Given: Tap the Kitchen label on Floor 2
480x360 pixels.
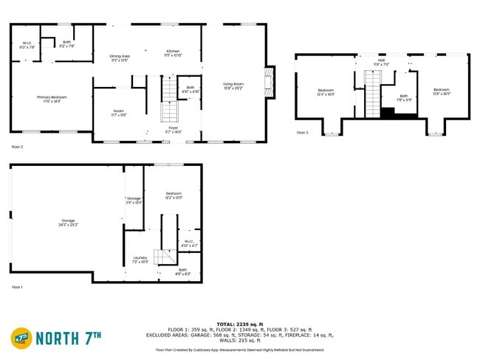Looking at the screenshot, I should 172,52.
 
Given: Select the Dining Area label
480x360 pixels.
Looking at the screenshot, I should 120,58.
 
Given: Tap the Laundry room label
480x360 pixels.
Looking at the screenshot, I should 140,260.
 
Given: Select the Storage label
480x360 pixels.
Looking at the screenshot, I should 134,199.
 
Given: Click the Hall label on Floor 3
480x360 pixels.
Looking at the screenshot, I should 381,61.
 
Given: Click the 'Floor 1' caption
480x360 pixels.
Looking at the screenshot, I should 17,287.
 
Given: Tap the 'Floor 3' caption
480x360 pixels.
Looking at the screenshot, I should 303,133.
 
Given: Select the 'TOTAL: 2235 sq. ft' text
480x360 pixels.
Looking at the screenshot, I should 239,324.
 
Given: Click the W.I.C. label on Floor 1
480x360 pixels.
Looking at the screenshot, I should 189,243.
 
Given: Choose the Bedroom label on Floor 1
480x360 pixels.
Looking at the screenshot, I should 174,194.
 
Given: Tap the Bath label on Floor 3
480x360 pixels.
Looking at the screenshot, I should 404,96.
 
